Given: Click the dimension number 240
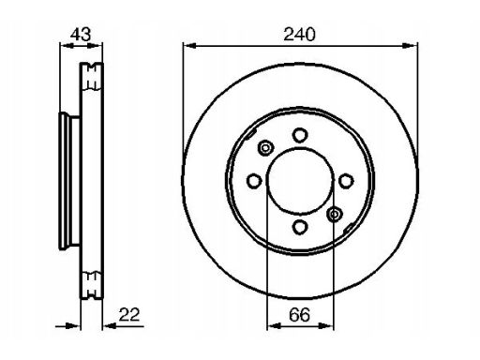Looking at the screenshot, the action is (299, 35).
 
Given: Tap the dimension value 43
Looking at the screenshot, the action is (81, 35).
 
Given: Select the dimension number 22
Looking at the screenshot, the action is (129, 314).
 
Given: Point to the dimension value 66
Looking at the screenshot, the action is (299, 314).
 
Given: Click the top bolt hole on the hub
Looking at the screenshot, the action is (300, 135).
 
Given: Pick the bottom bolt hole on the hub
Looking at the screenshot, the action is (300, 227).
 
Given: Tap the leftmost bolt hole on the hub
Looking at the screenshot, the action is (254, 181).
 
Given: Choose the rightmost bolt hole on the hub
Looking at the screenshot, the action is (346, 181).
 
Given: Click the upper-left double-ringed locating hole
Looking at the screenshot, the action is (265, 148).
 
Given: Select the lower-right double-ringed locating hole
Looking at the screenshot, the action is (335, 215).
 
